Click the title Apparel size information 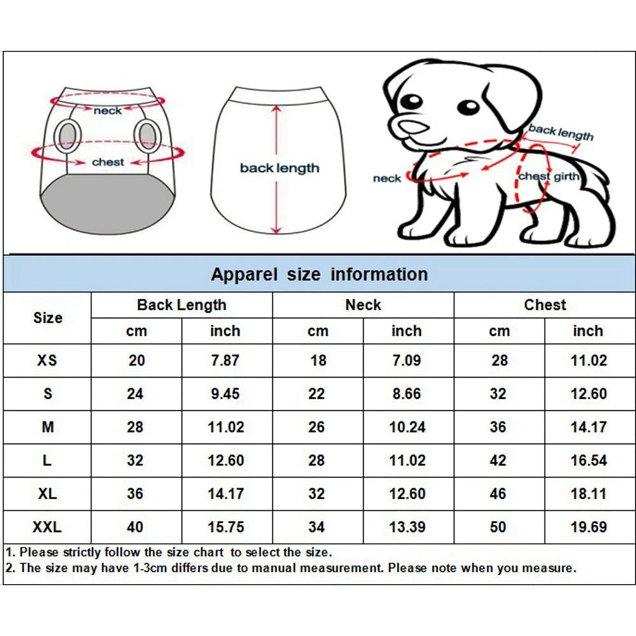click(x=319, y=275)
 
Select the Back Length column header click(x=181, y=305)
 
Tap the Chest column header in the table click(x=544, y=305)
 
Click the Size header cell click(x=48, y=318)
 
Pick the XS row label click(x=47, y=361)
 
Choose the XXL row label click(x=47, y=527)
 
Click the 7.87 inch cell click(x=225, y=361)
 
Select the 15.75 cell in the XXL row click(x=225, y=527)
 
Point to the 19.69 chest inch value click(x=588, y=527)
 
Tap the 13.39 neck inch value click(x=406, y=527)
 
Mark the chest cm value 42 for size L click(x=499, y=460)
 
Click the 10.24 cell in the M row click(x=406, y=427)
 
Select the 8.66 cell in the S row click(x=406, y=394)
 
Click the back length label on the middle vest click(x=279, y=169)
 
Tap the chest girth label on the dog click(x=549, y=177)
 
